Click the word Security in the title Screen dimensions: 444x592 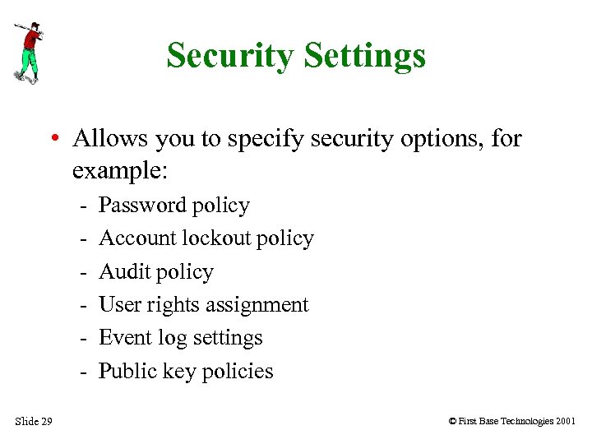click(x=230, y=56)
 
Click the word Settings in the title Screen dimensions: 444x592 click(x=364, y=56)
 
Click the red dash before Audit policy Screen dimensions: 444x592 click(x=84, y=272)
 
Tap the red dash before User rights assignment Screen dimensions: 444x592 click(x=84, y=305)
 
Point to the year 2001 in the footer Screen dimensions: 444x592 click(x=565, y=422)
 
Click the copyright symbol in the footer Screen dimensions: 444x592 click(x=451, y=422)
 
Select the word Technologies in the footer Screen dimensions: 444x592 click(x=522, y=422)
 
